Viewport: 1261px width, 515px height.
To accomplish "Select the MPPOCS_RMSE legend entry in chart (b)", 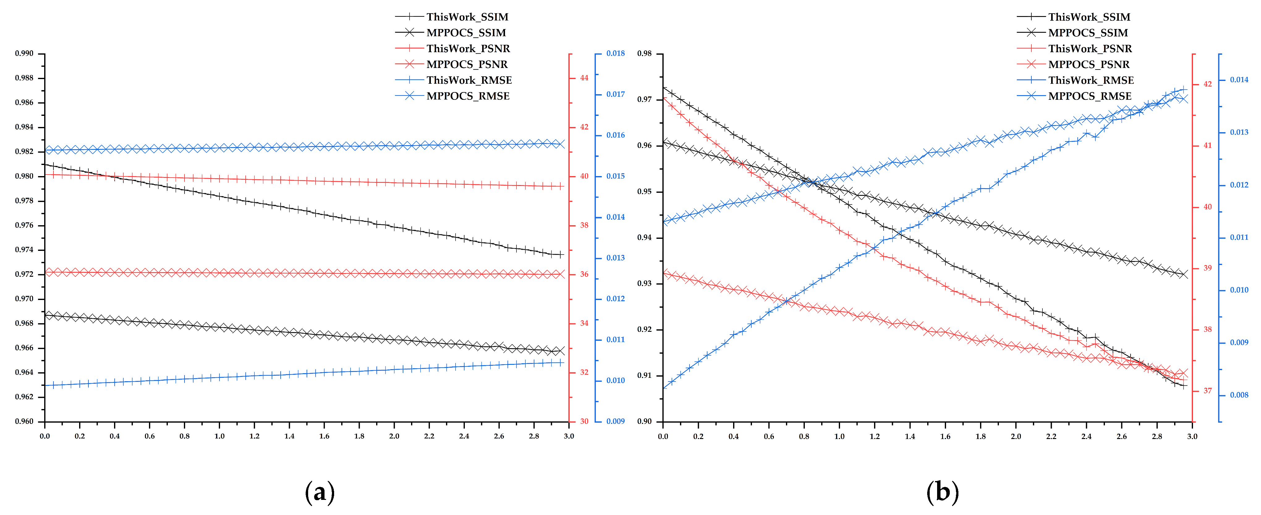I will click(x=1089, y=96).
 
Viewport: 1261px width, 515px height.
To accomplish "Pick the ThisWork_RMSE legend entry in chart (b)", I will click(x=1091, y=80).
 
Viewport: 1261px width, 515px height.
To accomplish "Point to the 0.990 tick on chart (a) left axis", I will click(x=24, y=53).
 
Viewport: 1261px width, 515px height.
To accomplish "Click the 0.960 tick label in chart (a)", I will click(x=24, y=421).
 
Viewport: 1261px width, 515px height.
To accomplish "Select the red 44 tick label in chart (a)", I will click(x=584, y=78).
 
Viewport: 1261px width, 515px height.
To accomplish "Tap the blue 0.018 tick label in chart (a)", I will click(x=615, y=53).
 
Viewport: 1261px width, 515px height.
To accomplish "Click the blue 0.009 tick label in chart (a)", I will click(x=615, y=421).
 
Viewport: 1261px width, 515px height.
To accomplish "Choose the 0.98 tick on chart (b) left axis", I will click(x=644, y=53).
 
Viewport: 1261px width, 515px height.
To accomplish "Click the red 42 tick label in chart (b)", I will click(x=1208, y=84).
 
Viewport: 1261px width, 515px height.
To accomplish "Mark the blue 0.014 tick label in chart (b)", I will click(x=1239, y=80).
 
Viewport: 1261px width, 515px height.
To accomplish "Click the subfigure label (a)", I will click(x=320, y=492).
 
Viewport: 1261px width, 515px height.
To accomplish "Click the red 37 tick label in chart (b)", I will click(x=1208, y=391).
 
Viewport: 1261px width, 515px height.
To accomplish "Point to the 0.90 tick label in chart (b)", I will click(x=644, y=421).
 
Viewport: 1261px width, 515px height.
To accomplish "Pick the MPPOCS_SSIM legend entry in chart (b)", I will click(x=1088, y=33).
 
